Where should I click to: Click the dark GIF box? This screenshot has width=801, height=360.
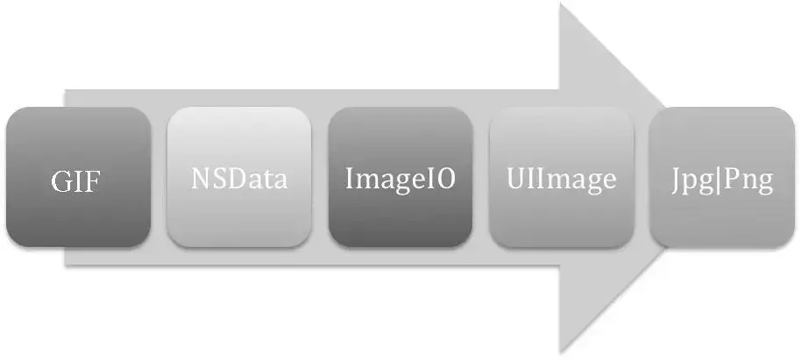coord(78,177)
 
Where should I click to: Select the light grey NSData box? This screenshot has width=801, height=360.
coord(239,177)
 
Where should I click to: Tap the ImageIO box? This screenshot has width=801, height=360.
coord(400,177)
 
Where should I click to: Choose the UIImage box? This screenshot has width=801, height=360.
coord(562,177)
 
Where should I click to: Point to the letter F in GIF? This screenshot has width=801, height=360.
coord(94,183)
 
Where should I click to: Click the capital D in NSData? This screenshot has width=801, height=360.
coord(239,179)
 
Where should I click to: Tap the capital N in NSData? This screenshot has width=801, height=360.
coord(201,179)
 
